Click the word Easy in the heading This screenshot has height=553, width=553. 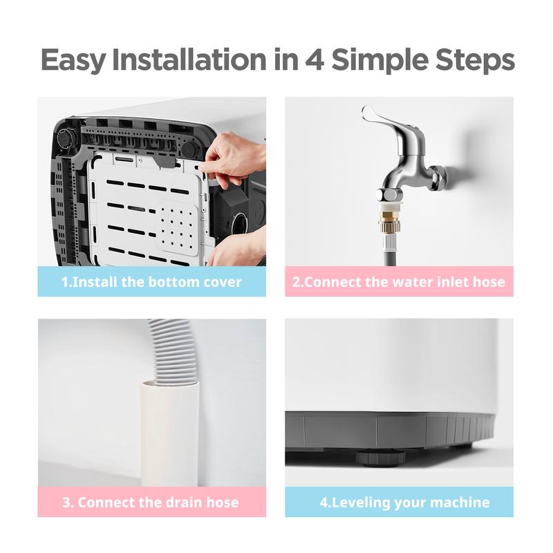(73, 60)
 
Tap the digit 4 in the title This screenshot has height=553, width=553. (315, 59)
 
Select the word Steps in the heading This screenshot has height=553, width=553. (475, 60)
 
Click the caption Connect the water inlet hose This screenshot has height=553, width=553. (399, 282)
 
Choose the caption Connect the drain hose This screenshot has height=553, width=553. (151, 503)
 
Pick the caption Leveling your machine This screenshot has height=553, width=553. (404, 503)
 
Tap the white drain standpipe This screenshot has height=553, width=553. (170, 433)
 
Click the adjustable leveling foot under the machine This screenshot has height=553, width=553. (381, 458)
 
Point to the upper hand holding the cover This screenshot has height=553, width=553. (234, 158)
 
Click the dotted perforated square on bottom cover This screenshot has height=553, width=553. (177, 229)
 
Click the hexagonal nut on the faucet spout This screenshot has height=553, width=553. (389, 194)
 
